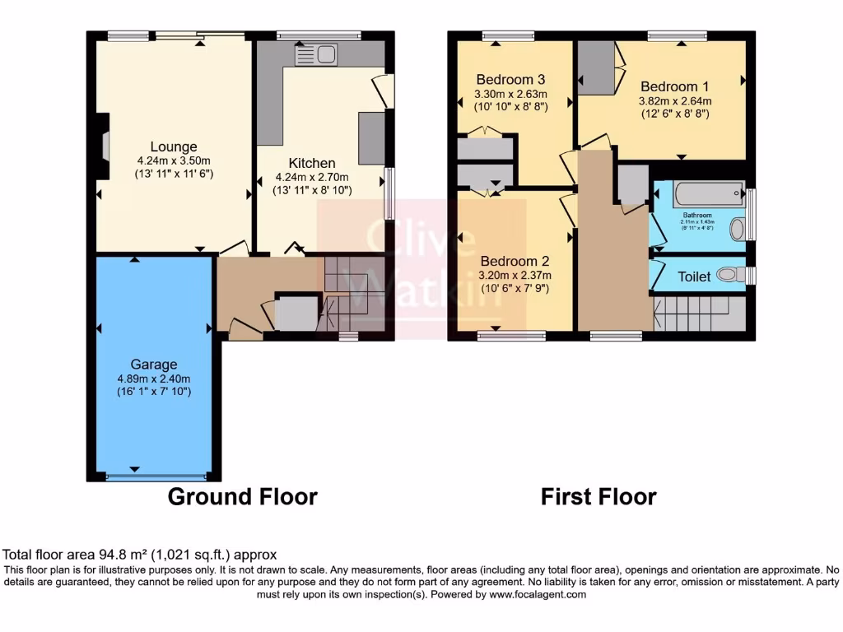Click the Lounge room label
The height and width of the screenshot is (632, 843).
click(x=174, y=147)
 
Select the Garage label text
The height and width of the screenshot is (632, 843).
click(x=153, y=365)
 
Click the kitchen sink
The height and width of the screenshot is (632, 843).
click(x=316, y=55)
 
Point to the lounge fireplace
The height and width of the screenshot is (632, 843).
click(x=103, y=146)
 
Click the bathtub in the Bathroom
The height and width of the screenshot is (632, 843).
click(x=708, y=195)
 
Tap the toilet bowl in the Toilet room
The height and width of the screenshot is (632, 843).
click(x=727, y=275)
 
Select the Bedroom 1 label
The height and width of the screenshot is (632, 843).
click(x=674, y=86)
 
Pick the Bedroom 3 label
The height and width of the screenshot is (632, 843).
click(x=510, y=80)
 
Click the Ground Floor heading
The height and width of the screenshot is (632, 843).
click(x=242, y=497)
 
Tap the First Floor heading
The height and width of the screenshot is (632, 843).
click(x=598, y=497)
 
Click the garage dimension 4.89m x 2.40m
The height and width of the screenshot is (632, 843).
click(x=153, y=379)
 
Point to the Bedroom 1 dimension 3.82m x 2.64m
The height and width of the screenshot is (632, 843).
click(x=675, y=101)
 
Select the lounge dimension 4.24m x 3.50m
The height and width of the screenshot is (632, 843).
click(x=174, y=160)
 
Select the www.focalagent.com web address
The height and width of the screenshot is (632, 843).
click(x=538, y=594)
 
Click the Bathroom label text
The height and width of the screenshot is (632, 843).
click(x=696, y=216)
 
